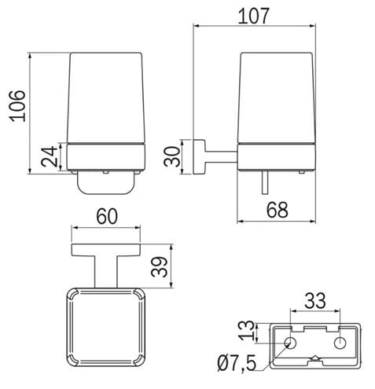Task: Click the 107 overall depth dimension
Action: [x=253, y=16]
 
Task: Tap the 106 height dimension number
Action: [x=18, y=106]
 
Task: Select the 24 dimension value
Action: [x=49, y=156]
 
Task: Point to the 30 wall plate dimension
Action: [x=172, y=156]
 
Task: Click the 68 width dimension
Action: [x=278, y=210]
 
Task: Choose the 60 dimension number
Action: [x=107, y=216]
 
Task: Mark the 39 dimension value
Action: [x=159, y=267]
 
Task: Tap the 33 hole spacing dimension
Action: [x=315, y=300]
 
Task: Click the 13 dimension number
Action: [x=247, y=331]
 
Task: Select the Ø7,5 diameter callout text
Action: [x=237, y=363]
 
